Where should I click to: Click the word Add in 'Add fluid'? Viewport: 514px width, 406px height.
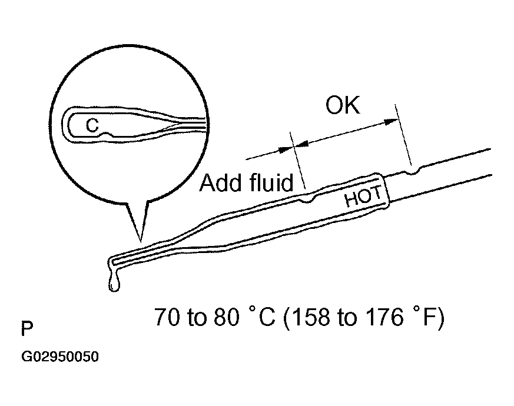point(221,183)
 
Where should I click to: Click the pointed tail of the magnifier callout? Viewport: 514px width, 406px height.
point(140,238)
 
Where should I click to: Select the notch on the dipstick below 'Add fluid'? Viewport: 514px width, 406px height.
point(307,201)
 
